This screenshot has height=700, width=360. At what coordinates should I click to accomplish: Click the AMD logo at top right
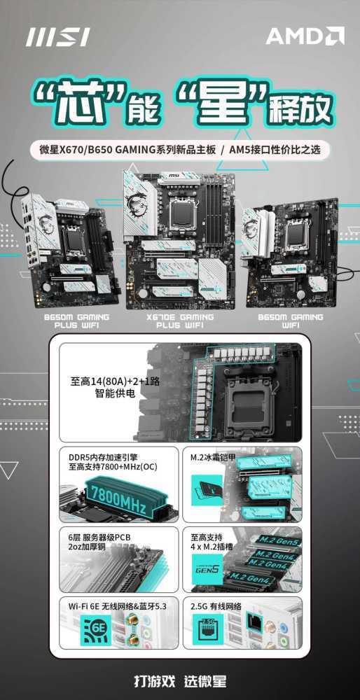[x=305, y=36]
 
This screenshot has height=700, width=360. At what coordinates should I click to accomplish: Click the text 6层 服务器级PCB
[x=97, y=537]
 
